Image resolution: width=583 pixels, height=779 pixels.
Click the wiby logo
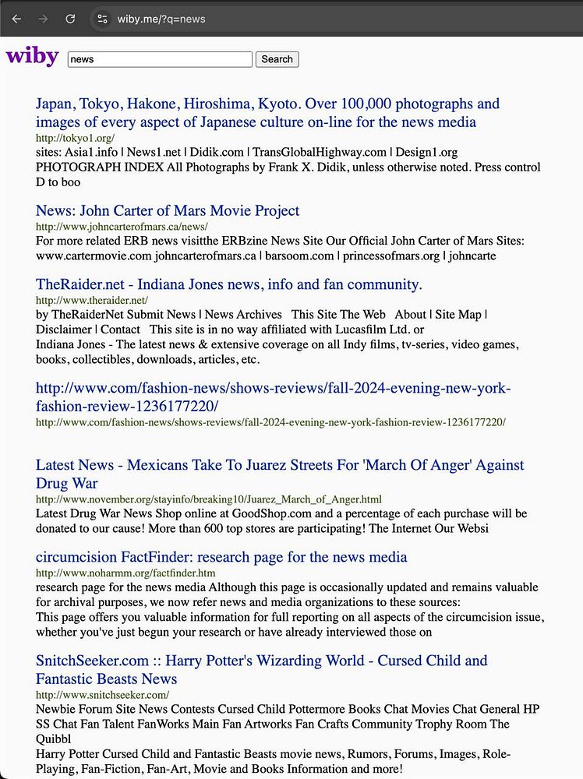[x=32, y=57]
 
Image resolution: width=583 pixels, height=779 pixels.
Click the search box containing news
[x=160, y=59]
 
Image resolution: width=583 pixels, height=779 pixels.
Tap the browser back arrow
[x=17, y=18]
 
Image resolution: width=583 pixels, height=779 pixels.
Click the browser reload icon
[x=70, y=18]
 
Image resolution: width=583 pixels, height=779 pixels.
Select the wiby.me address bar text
[x=161, y=19]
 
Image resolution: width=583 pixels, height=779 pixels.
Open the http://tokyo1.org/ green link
[x=75, y=138]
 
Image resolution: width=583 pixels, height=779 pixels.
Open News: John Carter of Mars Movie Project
[x=168, y=210]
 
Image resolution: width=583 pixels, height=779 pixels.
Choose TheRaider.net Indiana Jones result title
[x=228, y=284]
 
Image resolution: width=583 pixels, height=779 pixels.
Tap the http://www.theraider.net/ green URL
[x=92, y=300]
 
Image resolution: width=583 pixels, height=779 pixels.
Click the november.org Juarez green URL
[x=208, y=499]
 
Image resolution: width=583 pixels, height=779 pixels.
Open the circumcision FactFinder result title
[x=221, y=557]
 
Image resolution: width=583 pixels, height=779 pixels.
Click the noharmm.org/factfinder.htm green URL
[x=125, y=573]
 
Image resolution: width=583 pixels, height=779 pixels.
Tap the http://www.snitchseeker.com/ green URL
[x=102, y=694]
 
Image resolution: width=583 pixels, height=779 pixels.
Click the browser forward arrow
[x=44, y=18]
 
